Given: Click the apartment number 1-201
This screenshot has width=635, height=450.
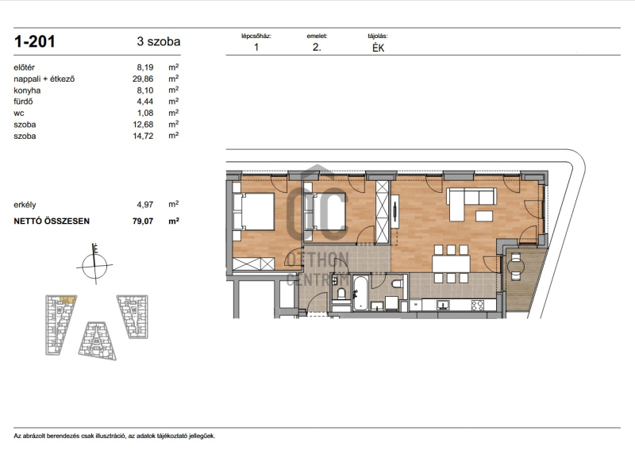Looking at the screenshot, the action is tap(34, 42).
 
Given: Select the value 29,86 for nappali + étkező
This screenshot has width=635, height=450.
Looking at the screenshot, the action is tap(143, 79).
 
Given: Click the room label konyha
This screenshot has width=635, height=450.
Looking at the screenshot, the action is tap(27, 90).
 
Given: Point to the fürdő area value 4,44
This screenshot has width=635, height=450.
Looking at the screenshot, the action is tap(145, 102).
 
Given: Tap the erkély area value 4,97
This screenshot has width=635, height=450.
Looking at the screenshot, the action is tap(145, 205).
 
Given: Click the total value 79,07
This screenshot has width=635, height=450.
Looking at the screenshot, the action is tap(143, 221).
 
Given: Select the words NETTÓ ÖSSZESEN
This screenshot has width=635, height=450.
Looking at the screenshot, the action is tap(52, 221).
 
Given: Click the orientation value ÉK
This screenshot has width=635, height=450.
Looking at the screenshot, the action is tap(379, 48).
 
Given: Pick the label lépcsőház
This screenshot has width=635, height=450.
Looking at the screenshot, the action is tap(256, 36).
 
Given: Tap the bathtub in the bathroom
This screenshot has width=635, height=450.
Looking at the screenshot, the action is tap(360, 292).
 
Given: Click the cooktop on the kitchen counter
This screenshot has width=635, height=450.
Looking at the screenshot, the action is tap(477, 305).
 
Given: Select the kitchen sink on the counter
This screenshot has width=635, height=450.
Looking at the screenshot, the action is tap(443, 305).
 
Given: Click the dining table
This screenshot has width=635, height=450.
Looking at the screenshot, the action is tap(451, 263).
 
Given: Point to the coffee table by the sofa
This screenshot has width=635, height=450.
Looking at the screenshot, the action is tap(484, 216).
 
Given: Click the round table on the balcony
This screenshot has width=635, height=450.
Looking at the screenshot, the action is tap(516, 266).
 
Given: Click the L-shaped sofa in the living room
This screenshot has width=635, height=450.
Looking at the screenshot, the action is tap(470, 203).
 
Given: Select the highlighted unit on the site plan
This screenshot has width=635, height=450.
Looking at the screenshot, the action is tap(67, 300).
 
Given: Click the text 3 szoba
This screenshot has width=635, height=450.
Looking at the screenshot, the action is tap(158, 42).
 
